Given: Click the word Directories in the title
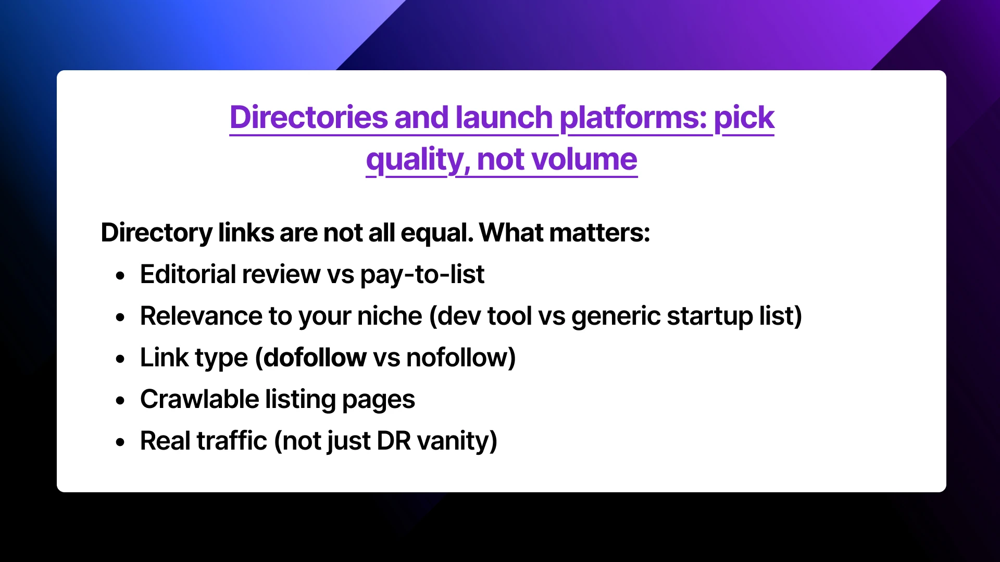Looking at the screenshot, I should pyautogui.click(x=308, y=118).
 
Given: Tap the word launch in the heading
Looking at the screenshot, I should pyautogui.click(x=504, y=118).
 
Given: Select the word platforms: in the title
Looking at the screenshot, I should pyautogui.click(x=633, y=118).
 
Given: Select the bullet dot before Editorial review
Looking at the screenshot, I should pyautogui.click(x=121, y=276).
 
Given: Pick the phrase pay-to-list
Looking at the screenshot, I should pyautogui.click(x=422, y=274).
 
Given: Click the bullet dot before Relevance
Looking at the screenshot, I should pyautogui.click(x=121, y=317).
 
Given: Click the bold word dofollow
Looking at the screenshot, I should pyautogui.click(x=315, y=357).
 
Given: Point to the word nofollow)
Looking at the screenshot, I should pyautogui.click(x=460, y=357).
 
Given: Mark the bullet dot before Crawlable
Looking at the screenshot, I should pyautogui.click(x=121, y=401).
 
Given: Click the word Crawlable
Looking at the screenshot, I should pyautogui.click(x=199, y=399).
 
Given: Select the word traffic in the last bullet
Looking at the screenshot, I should pyautogui.click(x=232, y=441).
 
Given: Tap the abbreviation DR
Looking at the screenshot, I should pyautogui.click(x=394, y=441).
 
